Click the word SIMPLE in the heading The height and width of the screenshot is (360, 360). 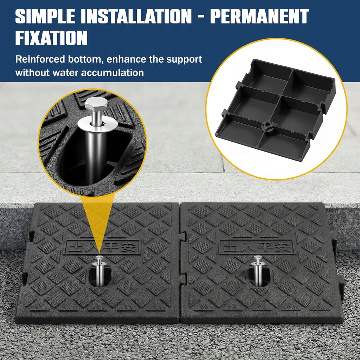45,16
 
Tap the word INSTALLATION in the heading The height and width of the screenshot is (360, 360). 136,16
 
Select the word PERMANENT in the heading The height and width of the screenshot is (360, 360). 259,16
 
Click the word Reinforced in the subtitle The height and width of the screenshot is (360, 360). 40,59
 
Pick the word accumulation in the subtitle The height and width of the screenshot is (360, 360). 112,73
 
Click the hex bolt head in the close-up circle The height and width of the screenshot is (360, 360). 97,104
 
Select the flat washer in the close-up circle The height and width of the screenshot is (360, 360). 98,125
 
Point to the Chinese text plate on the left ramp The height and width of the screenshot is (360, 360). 102,247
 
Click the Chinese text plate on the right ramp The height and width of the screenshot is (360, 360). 256,247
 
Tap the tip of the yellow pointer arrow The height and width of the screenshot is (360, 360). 99,253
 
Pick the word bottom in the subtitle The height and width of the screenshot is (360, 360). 84,59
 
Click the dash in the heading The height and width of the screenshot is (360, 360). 201,17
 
